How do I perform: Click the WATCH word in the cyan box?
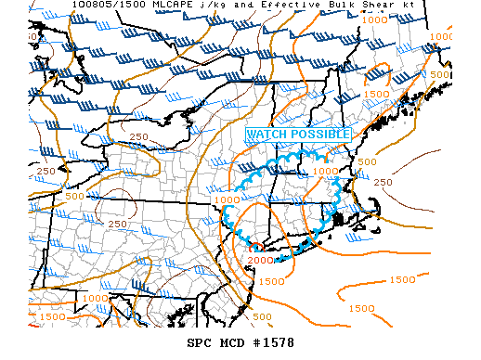tap(266, 135)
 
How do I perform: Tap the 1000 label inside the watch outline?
tap(325, 171)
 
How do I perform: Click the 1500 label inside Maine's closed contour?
tap(376, 94)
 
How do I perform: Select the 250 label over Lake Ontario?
tap(140, 137)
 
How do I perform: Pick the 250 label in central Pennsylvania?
tap(118, 224)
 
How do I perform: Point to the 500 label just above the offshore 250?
tap(368, 161)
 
